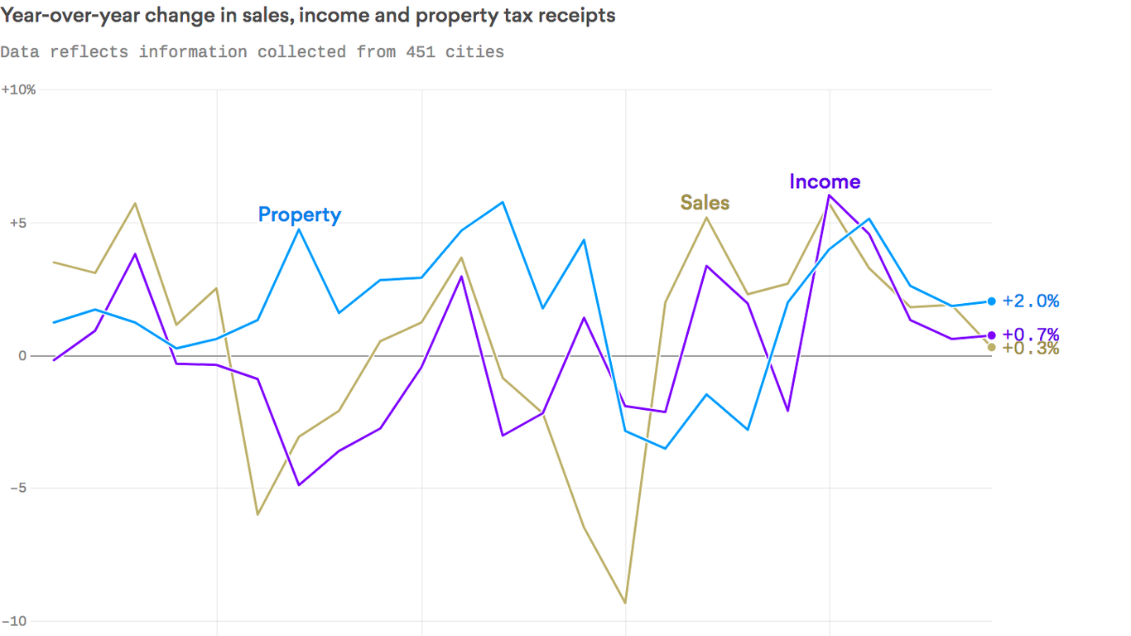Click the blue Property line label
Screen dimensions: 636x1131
tap(299, 214)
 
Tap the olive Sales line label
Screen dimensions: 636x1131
tap(705, 203)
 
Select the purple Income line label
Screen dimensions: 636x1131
tap(825, 181)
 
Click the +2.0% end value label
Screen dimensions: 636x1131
tap(1030, 301)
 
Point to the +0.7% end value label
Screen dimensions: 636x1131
tap(1030, 334)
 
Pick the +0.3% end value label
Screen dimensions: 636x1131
tap(1030, 349)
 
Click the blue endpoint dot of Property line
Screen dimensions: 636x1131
tap(992, 301)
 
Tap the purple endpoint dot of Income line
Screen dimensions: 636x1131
tap(992, 335)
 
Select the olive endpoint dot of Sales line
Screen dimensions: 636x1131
tap(992, 347)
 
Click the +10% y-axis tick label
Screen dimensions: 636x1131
tap(18, 89)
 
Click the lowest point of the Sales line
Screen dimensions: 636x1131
tap(625, 603)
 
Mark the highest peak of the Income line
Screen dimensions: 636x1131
tap(829, 195)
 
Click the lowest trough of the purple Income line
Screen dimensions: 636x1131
tap(298, 484)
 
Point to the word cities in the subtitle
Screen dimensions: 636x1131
tap(474, 52)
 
